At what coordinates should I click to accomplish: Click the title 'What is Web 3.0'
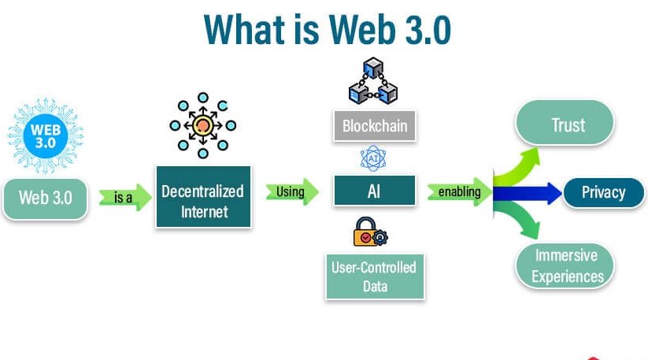327,31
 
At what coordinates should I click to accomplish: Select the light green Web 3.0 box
46,196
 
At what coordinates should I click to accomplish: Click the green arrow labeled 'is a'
124,197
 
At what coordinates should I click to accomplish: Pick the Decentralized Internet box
202,201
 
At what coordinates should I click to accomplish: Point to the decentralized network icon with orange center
202,125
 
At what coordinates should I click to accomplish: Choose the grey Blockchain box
374,125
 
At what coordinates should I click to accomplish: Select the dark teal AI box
374,191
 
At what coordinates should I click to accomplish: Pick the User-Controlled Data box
375,275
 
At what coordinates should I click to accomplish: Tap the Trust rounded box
564,125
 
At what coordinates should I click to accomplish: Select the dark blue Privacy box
603,192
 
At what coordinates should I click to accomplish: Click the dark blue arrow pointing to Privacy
529,192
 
